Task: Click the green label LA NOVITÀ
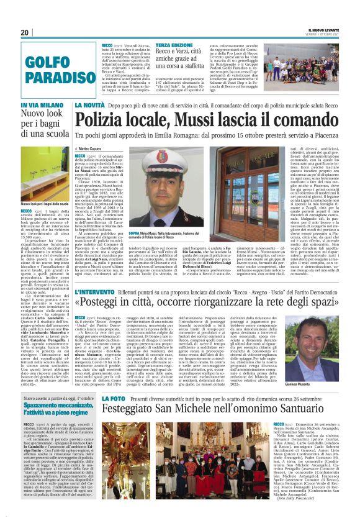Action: click(90, 107)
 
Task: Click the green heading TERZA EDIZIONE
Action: click(173, 47)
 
